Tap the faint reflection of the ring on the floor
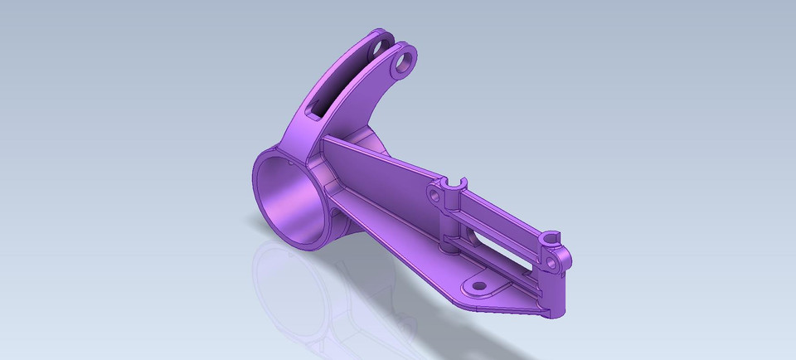pos(286,286)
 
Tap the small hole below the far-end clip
pos(551,263)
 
